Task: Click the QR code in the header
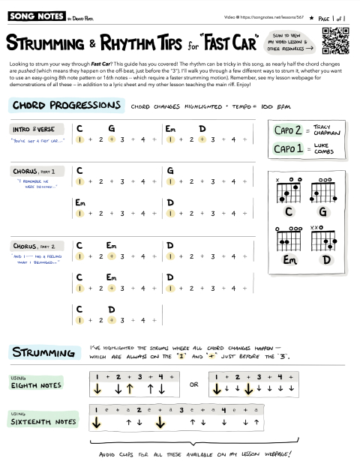click(334, 40)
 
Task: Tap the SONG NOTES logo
click(29, 14)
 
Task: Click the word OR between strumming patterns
click(194, 385)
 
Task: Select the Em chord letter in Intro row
click(170, 128)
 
